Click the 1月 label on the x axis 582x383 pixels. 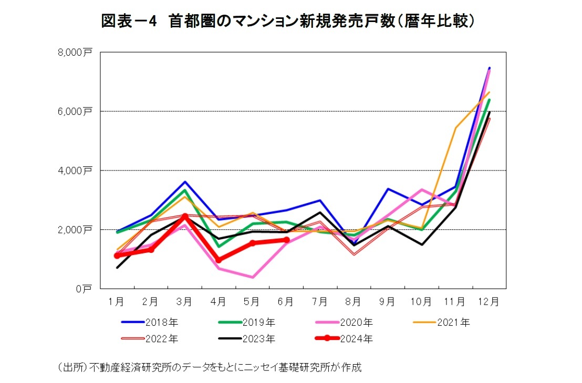(116, 302)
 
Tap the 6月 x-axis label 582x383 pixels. (285, 302)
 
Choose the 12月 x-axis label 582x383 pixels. (490, 302)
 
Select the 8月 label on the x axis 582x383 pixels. (353, 302)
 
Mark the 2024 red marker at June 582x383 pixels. (286, 240)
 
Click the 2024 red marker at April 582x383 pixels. (219, 260)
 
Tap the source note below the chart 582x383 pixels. (210, 367)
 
